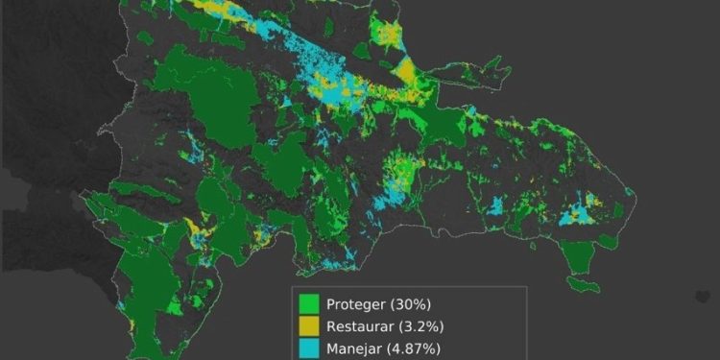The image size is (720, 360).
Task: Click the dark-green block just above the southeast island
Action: [578, 255]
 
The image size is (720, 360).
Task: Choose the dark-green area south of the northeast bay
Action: [444, 125]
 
